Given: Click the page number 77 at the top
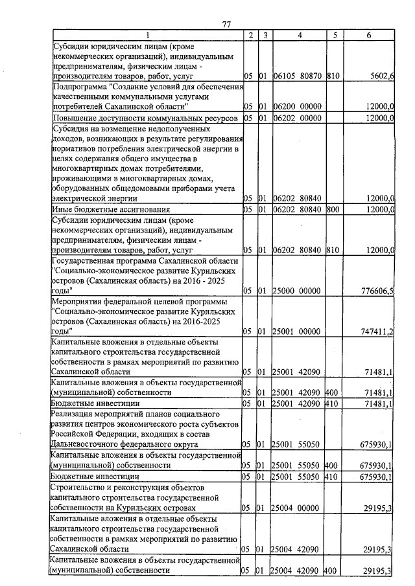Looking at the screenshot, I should [x=226, y=24].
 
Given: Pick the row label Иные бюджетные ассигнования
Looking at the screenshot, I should [x=111, y=209].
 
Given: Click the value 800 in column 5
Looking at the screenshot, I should [x=333, y=209].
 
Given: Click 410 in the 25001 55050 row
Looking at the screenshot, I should [x=333, y=477].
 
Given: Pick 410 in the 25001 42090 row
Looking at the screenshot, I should [x=333, y=403].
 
